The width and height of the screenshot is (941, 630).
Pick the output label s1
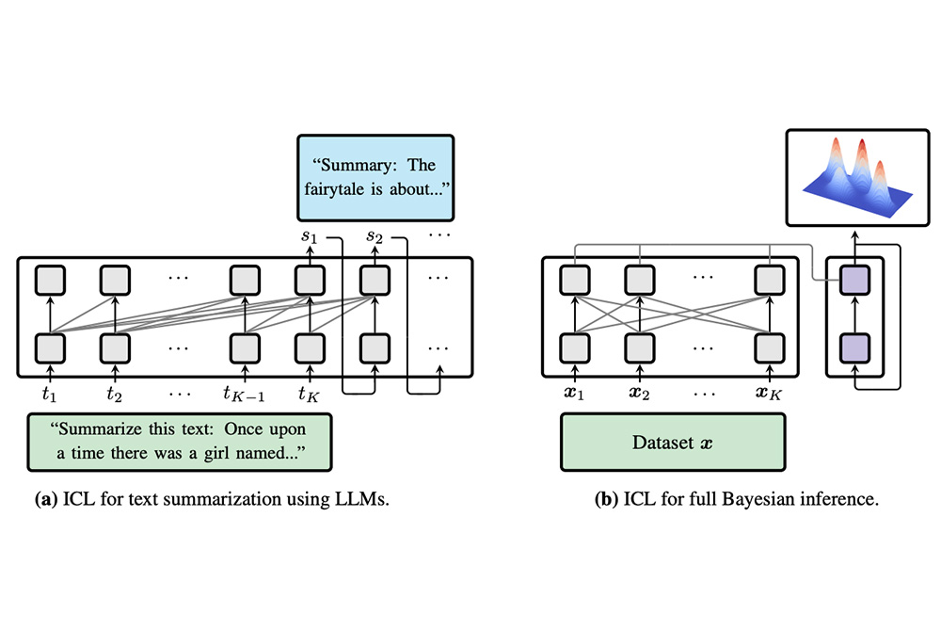tap(309, 236)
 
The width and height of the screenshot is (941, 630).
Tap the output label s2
tap(375, 236)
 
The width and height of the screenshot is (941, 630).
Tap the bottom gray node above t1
tap(49, 346)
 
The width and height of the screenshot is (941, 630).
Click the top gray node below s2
tap(375, 280)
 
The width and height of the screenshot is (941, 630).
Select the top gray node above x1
tap(573, 280)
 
